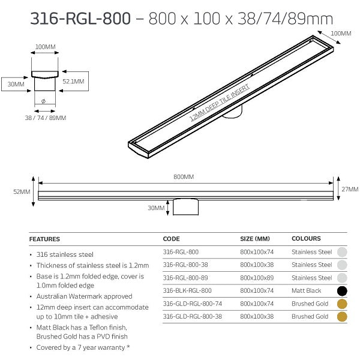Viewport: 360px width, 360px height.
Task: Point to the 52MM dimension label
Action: [21, 191]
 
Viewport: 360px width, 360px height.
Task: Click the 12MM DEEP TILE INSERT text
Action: [220, 103]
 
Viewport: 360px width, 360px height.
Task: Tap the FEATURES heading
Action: [44, 239]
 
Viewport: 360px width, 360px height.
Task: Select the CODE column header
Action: [171, 239]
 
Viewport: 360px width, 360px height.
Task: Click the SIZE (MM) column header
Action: [255, 239]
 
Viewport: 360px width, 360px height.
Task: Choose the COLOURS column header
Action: [306, 239]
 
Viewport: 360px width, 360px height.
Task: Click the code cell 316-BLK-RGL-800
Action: [187, 290]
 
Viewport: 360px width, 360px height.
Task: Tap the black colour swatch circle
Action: [342, 291]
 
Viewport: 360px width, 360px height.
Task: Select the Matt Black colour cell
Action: [307, 290]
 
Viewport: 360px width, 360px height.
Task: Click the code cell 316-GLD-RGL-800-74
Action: [192, 304]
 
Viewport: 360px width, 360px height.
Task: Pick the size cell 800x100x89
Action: [257, 278]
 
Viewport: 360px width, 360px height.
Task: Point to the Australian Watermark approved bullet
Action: [84, 296]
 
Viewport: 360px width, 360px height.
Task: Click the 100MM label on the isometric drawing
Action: [341, 34]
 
